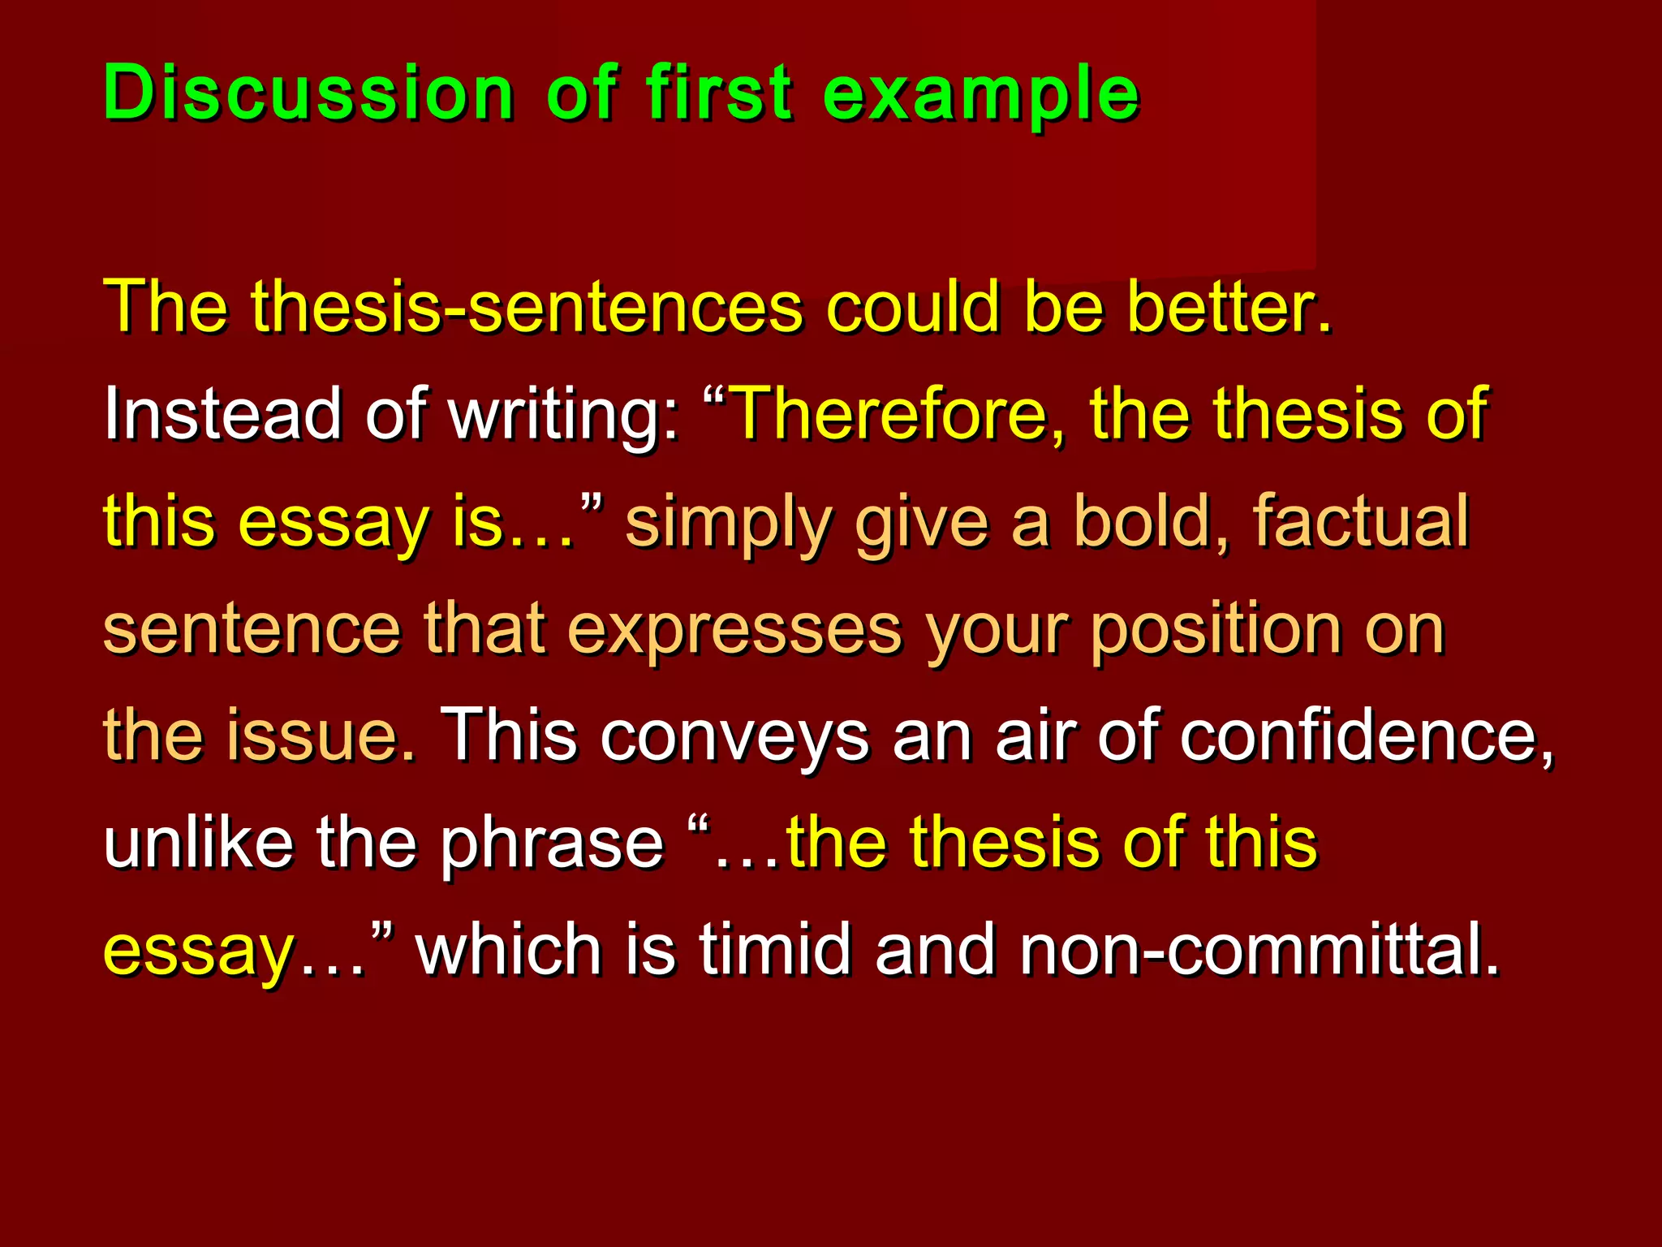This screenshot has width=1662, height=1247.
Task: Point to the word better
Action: [x=1229, y=307]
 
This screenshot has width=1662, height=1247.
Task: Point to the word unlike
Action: [x=199, y=843]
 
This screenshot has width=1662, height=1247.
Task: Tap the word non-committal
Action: [x=1259, y=950]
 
